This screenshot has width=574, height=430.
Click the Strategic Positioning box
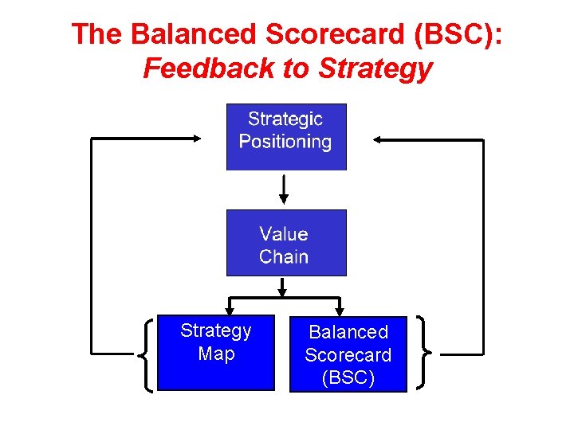coord(286,136)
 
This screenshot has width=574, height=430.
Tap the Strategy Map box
coord(215,353)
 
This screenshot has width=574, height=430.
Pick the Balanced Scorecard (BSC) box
coord(348,354)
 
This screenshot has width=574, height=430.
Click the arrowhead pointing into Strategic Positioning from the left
coord(196,139)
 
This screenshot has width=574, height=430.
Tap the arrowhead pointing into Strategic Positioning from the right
coord(379,139)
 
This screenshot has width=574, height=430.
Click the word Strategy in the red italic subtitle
coord(375,68)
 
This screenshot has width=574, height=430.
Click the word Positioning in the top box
coord(285,143)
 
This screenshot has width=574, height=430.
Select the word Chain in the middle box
coord(284,256)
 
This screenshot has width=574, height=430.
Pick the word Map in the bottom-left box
coord(215,354)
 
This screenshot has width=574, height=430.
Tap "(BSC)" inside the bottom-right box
coord(348,377)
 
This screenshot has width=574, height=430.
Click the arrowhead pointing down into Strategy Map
coord(230,310)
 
